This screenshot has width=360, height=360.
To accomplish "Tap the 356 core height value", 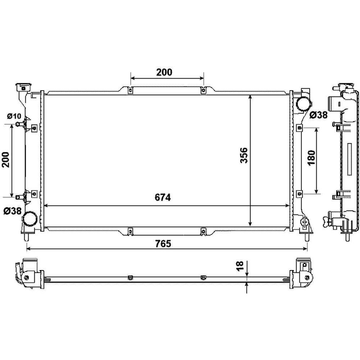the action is click(243, 155).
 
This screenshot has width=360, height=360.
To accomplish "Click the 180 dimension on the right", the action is click(311, 158).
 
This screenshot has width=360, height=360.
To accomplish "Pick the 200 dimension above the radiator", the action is click(164, 72).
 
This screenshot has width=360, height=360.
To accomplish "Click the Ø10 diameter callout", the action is click(14, 116).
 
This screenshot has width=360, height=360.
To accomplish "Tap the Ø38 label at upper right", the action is click(318, 115).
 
